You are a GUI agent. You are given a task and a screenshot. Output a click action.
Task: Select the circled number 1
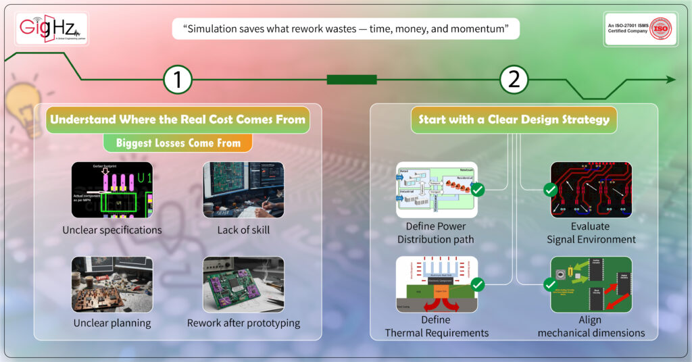click(x=178, y=80)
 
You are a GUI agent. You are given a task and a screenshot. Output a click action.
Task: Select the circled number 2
click(x=514, y=80)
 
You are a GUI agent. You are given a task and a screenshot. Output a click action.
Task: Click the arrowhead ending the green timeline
click(x=670, y=80)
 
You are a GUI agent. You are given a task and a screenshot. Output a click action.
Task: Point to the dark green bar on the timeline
click(x=351, y=80)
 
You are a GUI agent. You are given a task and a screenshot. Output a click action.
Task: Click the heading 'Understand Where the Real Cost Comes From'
click(x=178, y=120)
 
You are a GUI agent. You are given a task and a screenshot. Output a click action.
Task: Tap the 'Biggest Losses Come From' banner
click(x=178, y=143)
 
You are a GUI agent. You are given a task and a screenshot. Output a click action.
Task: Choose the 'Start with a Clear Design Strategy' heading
click(x=514, y=120)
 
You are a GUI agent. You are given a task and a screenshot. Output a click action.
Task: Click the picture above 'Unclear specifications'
click(x=112, y=190)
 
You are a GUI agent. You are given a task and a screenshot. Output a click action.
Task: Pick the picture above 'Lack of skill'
click(x=243, y=190)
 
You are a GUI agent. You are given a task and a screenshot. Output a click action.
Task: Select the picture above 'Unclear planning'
click(x=112, y=284)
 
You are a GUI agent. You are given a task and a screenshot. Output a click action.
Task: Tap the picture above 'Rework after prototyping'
click(x=243, y=284)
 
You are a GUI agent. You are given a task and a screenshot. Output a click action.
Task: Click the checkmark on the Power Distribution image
click(x=477, y=190)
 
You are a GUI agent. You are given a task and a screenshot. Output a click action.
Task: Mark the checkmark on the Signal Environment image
click(x=551, y=190)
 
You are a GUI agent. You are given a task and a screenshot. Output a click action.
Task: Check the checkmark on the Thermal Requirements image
click(x=477, y=285)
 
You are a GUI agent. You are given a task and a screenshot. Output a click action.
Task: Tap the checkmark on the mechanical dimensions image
click(x=551, y=285)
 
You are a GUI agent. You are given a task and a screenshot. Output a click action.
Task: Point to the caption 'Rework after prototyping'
click(x=243, y=323)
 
